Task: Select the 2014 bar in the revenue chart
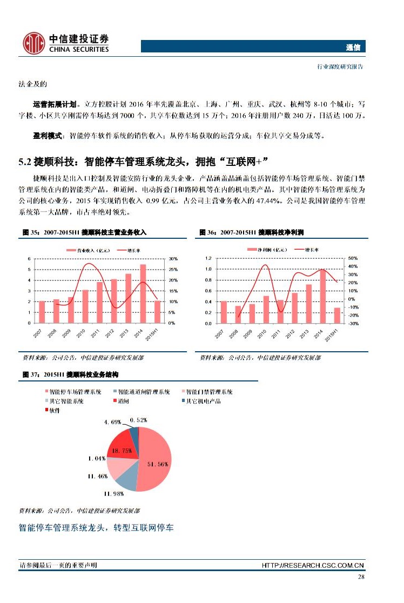click(x=143, y=293)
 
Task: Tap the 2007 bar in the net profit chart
click(x=223, y=312)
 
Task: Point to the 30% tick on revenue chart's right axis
click(x=173, y=259)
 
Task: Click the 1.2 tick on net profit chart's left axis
click(x=208, y=258)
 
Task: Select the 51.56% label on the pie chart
click(x=158, y=464)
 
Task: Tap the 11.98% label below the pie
click(x=115, y=493)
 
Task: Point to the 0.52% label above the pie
click(x=139, y=419)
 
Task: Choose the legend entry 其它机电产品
click(x=203, y=401)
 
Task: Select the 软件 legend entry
click(x=54, y=411)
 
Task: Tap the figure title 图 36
click(x=207, y=232)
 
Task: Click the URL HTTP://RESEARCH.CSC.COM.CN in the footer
click(x=313, y=565)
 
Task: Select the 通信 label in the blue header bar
click(x=353, y=47)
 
